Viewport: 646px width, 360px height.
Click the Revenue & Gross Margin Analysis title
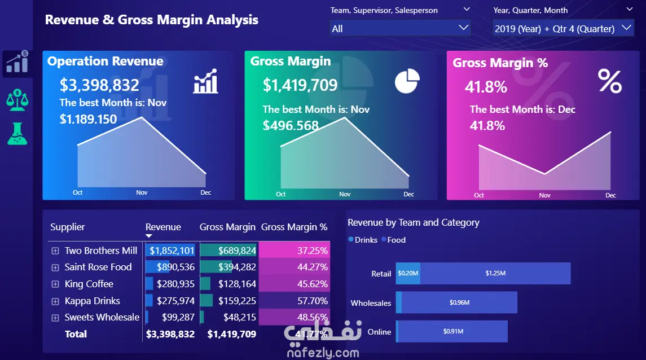(x=152, y=20)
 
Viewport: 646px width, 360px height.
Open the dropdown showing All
(x=400, y=28)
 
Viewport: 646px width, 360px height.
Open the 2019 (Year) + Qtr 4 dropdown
(x=562, y=28)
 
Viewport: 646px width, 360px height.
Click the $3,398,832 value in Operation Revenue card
(x=99, y=85)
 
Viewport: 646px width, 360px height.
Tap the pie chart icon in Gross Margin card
(x=407, y=81)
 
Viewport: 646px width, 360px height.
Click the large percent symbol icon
(x=610, y=81)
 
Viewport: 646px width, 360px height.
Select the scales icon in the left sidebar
(x=17, y=100)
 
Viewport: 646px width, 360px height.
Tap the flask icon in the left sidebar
(x=17, y=134)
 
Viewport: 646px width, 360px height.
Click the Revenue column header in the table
(x=163, y=227)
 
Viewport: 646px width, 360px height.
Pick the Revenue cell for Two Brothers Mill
(x=172, y=251)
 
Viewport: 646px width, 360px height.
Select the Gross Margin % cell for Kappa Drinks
(x=294, y=301)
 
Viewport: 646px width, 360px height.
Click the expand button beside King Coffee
(x=55, y=284)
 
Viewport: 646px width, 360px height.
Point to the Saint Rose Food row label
(x=98, y=267)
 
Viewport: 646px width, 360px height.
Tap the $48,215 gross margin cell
(x=239, y=317)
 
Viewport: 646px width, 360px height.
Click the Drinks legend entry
(x=363, y=240)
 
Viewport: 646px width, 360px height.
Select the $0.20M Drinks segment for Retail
(x=408, y=273)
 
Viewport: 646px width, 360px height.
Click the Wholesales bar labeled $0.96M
(x=459, y=302)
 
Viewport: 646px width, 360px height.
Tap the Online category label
(x=379, y=332)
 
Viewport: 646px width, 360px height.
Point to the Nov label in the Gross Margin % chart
(x=544, y=195)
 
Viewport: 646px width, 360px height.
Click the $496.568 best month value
(x=291, y=125)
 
